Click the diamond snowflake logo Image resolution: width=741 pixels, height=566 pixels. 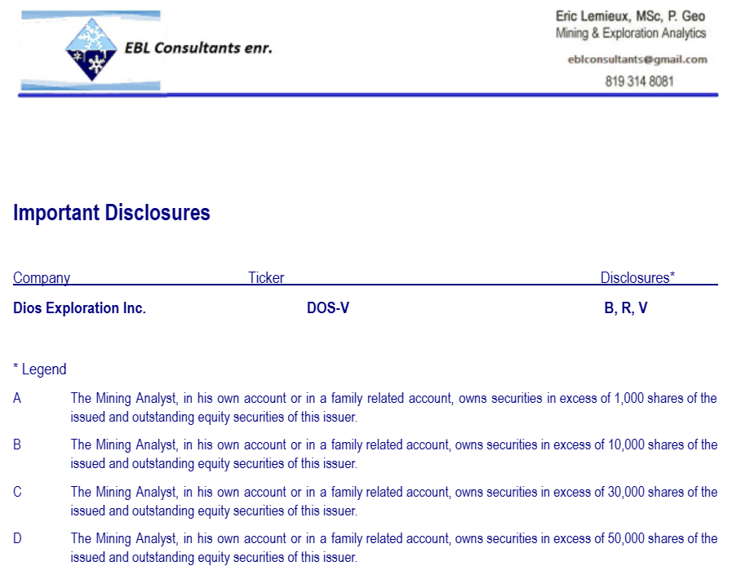pos(90,50)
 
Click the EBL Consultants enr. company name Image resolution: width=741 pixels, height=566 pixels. pos(198,48)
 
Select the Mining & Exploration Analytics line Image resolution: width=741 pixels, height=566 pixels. pos(631,33)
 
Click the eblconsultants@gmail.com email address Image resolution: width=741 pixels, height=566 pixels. pos(637,60)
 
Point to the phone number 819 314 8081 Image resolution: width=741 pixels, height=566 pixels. pos(640,82)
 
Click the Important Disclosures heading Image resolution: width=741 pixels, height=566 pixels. pos(112,213)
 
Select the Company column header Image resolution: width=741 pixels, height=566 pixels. pos(42,278)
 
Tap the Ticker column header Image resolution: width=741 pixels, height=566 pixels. pos(266,278)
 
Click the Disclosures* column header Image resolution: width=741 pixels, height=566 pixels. pos(637,278)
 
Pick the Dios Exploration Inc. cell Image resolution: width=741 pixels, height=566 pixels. pos(80,308)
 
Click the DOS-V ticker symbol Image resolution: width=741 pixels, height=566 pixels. pos(328,308)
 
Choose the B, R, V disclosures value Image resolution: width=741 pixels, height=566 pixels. pos(626,308)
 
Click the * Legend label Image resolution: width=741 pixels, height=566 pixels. pos(40,369)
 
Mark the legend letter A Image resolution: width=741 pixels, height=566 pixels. pos(17,399)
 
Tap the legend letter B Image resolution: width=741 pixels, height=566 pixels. pos(17,445)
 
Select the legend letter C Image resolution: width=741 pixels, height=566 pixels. pos(17,493)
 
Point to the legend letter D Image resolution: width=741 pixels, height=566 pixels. pos(17,539)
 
